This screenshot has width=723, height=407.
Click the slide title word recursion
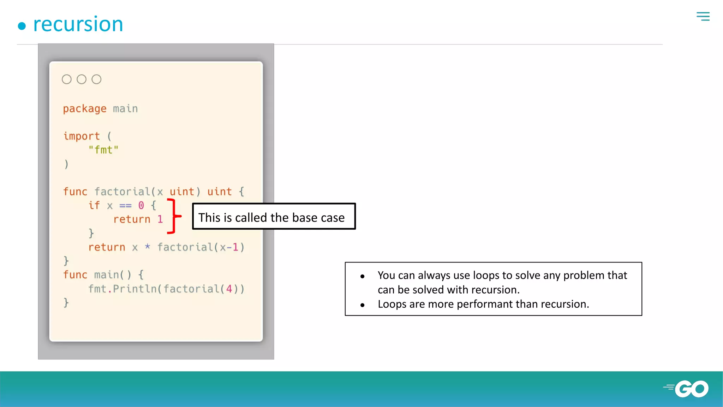pyautogui.click(x=78, y=24)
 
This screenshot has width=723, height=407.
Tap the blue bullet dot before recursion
pyautogui.click(x=22, y=26)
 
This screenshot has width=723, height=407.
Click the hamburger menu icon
pyautogui.click(x=703, y=16)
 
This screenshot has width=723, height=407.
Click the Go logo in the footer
pyautogui.click(x=687, y=389)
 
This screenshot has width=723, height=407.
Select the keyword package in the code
pyautogui.click(x=85, y=109)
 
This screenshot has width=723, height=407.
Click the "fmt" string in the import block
pyautogui.click(x=103, y=150)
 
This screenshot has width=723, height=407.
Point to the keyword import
pyautogui.click(x=82, y=136)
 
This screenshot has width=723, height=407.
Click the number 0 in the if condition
pyautogui.click(x=141, y=205)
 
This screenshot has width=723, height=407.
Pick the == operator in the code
pyautogui.click(x=125, y=206)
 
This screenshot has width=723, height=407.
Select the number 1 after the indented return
pyautogui.click(x=160, y=219)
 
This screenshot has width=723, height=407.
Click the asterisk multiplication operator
pyautogui.click(x=148, y=247)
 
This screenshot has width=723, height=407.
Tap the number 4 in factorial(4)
pyautogui.click(x=229, y=289)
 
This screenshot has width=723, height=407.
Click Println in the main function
pyautogui.click(x=135, y=289)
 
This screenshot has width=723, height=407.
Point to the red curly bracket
pyautogui.click(x=174, y=216)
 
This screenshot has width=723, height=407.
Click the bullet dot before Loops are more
pyautogui.click(x=362, y=305)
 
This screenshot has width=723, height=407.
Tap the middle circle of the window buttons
pyautogui.click(x=82, y=79)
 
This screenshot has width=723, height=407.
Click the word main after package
pyautogui.click(x=125, y=109)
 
